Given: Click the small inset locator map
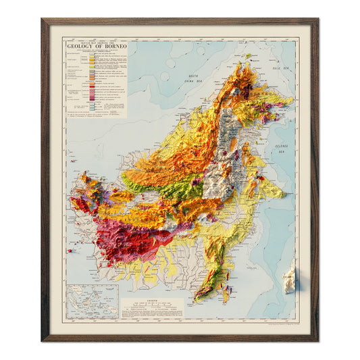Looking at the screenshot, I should (93, 301).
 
